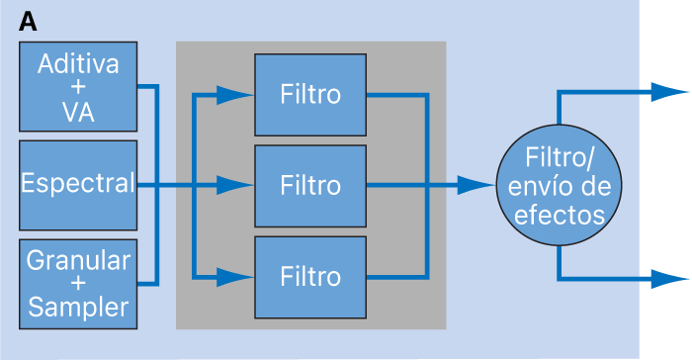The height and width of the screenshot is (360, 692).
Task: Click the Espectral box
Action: tap(77, 184)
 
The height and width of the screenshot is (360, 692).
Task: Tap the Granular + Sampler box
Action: tap(77, 283)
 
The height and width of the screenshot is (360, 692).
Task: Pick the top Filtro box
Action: tap(310, 95)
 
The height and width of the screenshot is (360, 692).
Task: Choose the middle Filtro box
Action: tap(310, 185)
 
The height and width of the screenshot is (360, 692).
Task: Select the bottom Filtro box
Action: tap(310, 275)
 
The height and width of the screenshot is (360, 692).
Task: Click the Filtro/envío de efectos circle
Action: tap(560, 185)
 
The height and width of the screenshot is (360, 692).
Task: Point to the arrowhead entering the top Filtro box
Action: tap(235, 95)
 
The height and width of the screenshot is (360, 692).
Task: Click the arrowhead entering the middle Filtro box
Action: tap(235, 185)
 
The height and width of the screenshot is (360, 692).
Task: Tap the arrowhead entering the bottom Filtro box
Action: tap(235, 275)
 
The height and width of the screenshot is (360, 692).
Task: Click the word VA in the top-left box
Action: tap(77, 113)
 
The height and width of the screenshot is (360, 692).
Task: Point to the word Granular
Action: tap(77, 260)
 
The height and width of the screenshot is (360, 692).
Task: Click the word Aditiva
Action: tap(77, 65)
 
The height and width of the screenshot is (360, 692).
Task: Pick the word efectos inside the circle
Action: tap(560, 212)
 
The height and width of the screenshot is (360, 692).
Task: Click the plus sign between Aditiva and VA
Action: tap(77, 89)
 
